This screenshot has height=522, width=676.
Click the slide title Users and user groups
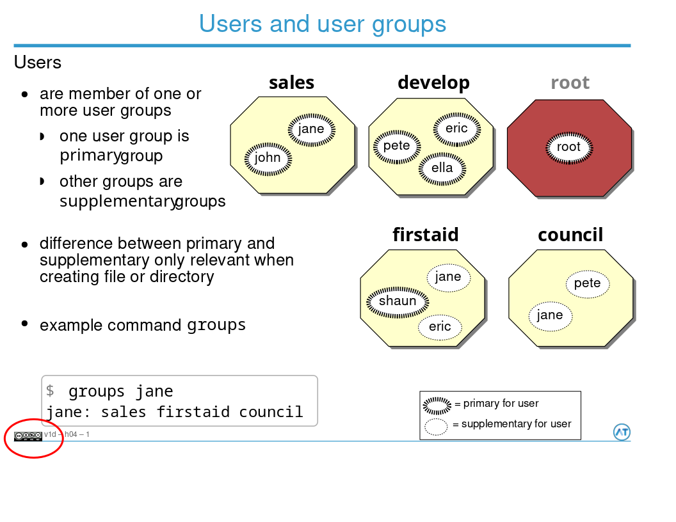click(x=322, y=24)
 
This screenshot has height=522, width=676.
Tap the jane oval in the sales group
click(x=311, y=129)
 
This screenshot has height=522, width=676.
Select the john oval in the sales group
click(x=268, y=157)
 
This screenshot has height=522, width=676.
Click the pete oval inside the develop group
click(x=396, y=146)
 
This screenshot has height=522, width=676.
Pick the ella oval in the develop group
click(x=442, y=168)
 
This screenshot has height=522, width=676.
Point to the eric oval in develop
click(x=456, y=129)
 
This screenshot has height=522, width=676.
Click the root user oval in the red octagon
click(x=568, y=147)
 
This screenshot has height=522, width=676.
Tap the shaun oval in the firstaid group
click(x=398, y=301)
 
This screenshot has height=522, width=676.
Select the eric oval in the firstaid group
click(x=440, y=327)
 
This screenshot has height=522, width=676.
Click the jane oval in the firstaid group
click(x=448, y=277)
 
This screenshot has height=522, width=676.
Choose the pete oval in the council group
click(x=587, y=283)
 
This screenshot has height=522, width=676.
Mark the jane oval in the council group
click(x=550, y=315)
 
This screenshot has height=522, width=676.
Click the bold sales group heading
click(x=291, y=83)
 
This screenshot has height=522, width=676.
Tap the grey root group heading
click(x=570, y=83)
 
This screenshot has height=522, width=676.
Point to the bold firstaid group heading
click(x=425, y=235)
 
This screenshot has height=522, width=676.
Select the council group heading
click(x=570, y=235)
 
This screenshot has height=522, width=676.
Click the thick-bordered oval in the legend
click(x=437, y=404)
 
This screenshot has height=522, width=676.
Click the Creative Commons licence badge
click(x=28, y=436)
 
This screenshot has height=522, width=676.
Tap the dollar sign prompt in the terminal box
click(x=51, y=391)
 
